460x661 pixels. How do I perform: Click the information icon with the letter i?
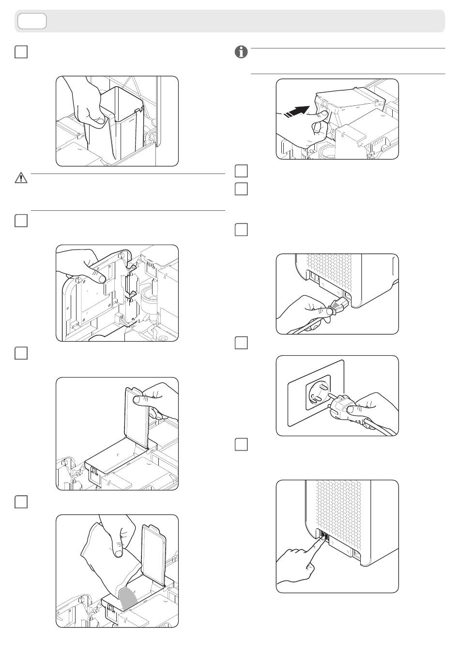pos(241,53)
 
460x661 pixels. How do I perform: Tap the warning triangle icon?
pos(21,178)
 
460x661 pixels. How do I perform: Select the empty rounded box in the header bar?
pos(32,21)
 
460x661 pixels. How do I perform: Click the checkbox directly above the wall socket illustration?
pos(241,343)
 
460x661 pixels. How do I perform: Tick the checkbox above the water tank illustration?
pos(21,52)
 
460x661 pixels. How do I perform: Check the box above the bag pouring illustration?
pos(21,502)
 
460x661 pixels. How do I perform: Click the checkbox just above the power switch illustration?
pos(241,444)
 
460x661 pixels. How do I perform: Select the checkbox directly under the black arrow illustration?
pos(241,171)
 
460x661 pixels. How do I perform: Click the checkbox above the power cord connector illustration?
pos(241,230)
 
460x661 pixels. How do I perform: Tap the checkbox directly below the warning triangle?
pos(21,221)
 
